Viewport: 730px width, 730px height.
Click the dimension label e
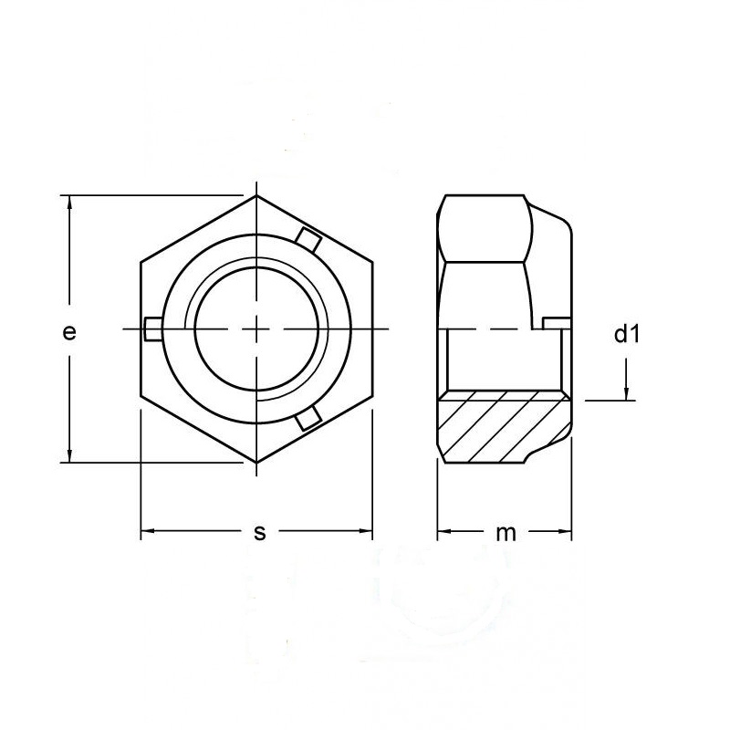[69, 333]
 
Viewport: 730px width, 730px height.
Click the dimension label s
[260, 533]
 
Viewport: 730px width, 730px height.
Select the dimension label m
[506, 534]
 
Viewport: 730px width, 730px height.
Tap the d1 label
[627, 334]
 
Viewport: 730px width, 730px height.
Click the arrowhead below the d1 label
[627, 392]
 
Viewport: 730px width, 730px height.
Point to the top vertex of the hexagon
[256, 195]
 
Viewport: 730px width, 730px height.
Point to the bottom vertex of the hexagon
[256, 463]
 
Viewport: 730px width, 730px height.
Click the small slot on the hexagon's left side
[153, 329]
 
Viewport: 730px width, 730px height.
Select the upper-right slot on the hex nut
[308, 240]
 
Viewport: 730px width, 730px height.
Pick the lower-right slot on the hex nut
[308, 418]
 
